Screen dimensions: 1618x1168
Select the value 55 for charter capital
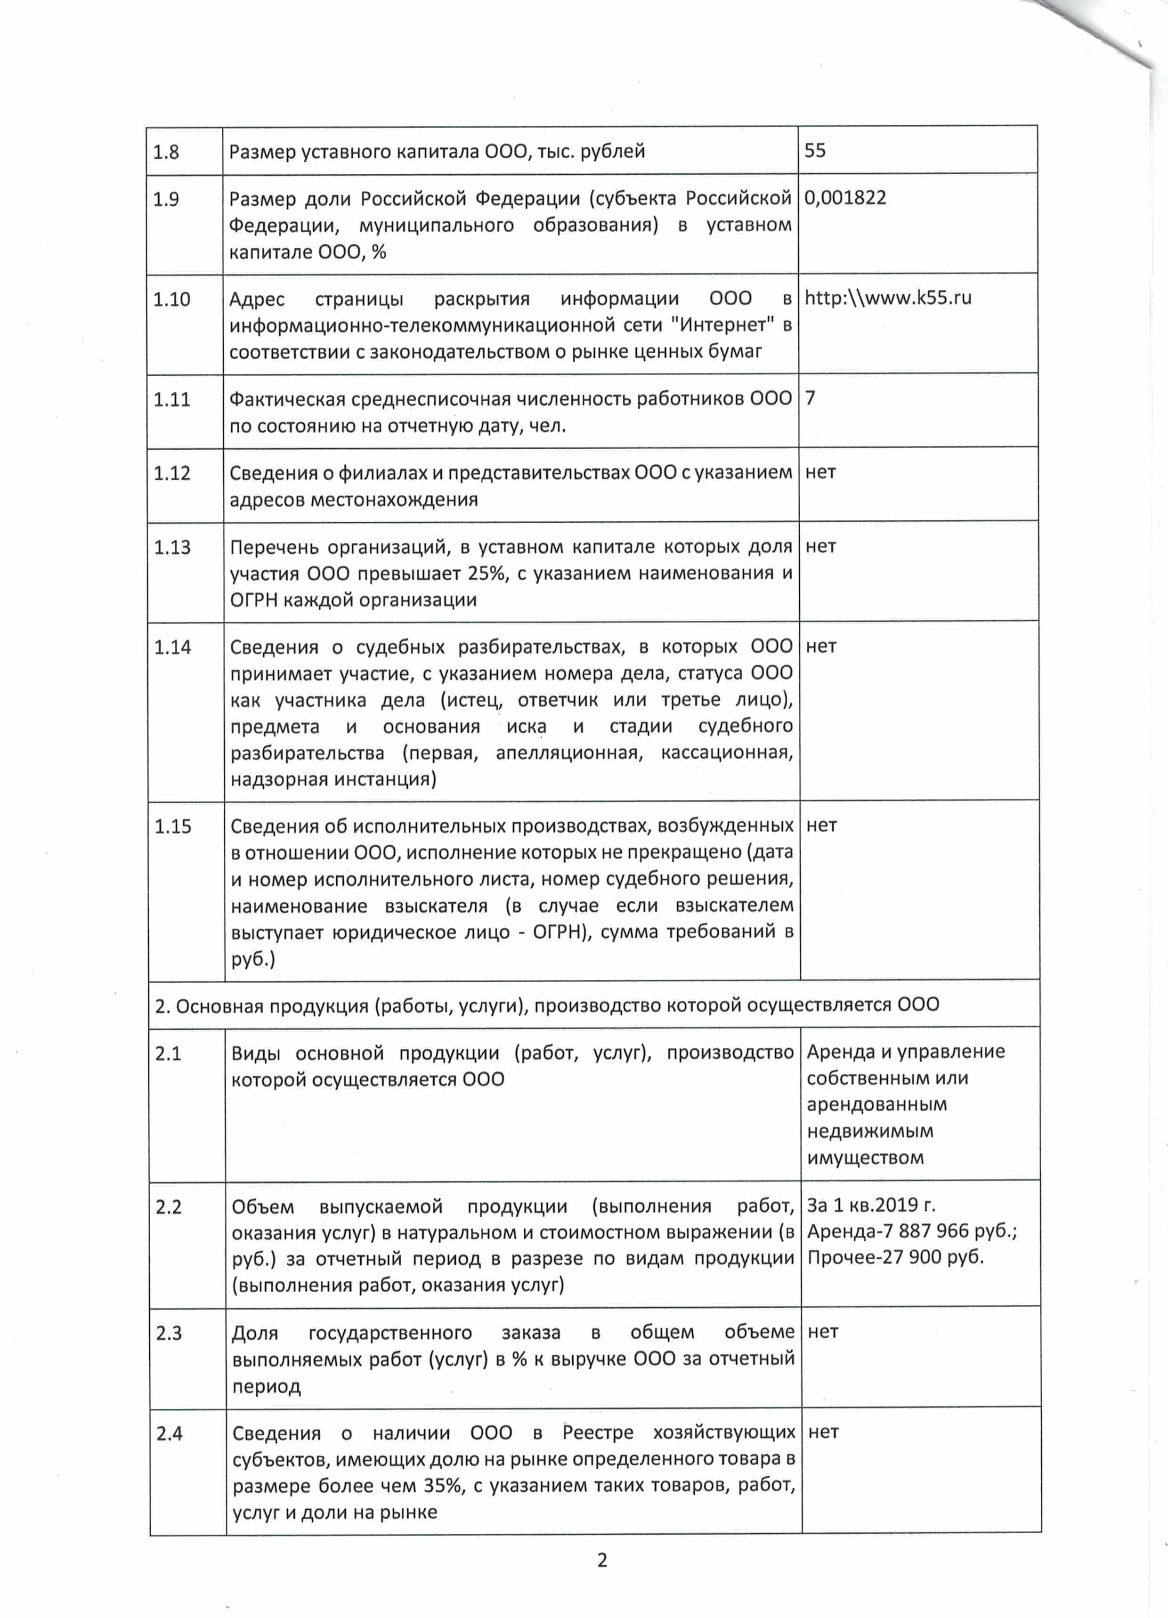[x=815, y=151]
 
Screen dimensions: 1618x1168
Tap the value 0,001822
[x=845, y=198]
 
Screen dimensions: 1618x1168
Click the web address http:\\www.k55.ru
[x=888, y=298]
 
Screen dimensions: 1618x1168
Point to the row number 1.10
[x=171, y=299]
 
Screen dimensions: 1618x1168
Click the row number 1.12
[x=172, y=473]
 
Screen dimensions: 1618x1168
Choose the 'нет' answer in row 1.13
[x=820, y=546]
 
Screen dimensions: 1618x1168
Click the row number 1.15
[x=173, y=826]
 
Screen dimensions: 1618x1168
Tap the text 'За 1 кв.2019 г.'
[x=870, y=1205]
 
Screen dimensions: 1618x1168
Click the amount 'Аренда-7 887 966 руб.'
[x=911, y=1231]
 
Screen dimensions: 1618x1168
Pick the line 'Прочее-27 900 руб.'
[x=895, y=1258]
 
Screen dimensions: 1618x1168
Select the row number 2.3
[x=169, y=1334]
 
